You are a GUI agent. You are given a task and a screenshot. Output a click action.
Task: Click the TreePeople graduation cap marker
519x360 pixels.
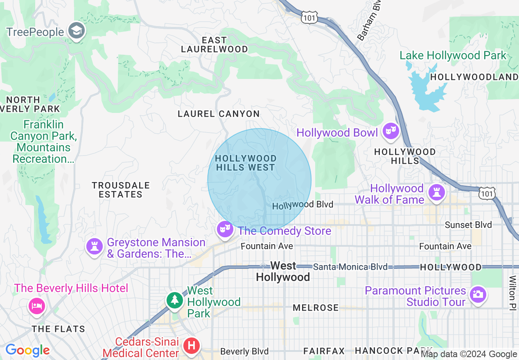pyautogui.click(x=76, y=31)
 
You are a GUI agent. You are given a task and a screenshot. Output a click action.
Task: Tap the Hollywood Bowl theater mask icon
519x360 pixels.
pyautogui.click(x=390, y=132)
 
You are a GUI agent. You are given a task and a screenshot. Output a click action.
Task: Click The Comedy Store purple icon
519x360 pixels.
pyautogui.click(x=224, y=230)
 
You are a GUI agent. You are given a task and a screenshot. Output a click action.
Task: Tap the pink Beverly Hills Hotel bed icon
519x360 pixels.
pyautogui.click(x=36, y=306)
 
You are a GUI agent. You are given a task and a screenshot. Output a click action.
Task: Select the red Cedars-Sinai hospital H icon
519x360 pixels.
pyautogui.click(x=191, y=346)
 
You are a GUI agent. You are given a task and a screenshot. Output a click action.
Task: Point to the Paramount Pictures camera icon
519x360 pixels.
pyautogui.click(x=477, y=295)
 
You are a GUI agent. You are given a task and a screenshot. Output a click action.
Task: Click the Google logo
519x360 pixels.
pyautogui.click(x=27, y=351)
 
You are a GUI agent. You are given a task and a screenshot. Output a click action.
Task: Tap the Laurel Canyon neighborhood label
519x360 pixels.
pyautogui.click(x=219, y=114)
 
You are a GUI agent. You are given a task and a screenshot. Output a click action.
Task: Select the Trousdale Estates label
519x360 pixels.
pyautogui.click(x=120, y=190)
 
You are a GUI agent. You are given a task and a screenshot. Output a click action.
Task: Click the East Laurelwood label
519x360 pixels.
pyautogui.click(x=214, y=45)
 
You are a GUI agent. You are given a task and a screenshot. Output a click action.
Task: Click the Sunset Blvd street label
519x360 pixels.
pyautogui.click(x=468, y=225)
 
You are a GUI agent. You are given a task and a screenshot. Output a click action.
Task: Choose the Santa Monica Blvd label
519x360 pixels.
pyautogui.click(x=350, y=267)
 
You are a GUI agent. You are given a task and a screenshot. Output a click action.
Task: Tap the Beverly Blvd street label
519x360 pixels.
pyautogui.click(x=244, y=351)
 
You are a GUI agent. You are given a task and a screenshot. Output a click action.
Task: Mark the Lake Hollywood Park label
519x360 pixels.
pyautogui.click(x=453, y=56)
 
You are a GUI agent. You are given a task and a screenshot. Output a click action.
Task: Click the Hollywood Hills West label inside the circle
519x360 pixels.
pyautogui.click(x=246, y=163)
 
